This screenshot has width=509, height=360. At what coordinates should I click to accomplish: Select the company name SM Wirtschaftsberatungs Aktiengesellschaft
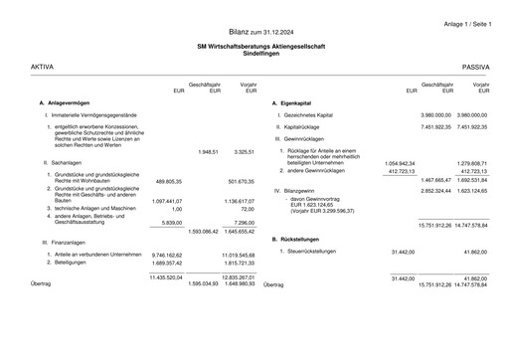coord(254,47)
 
